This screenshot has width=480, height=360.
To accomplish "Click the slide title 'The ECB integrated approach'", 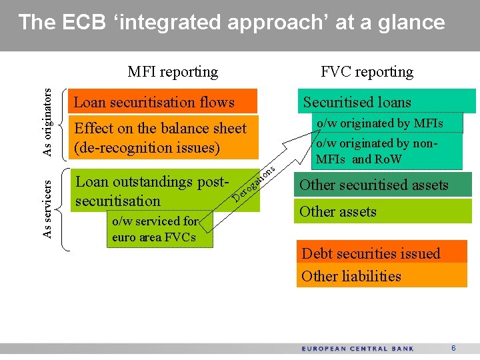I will click(231, 23).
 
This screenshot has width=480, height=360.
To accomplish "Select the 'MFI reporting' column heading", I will click(173, 71).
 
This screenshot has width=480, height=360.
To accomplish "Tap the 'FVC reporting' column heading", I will click(367, 71).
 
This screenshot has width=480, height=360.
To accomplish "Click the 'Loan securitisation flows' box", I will click(163, 102).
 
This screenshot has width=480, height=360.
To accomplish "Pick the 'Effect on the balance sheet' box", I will click(163, 137).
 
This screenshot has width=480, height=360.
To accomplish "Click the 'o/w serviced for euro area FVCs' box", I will click(160, 229).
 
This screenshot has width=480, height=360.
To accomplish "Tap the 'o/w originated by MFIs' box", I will click(386, 123).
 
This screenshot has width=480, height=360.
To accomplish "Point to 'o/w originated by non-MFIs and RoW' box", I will click(386, 151).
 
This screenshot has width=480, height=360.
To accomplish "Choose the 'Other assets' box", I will click(383, 211).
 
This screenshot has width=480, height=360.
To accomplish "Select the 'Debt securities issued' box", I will click(381, 253).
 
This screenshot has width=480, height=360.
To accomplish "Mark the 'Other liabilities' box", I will click(381, 275).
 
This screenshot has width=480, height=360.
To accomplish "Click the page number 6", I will click(453, 349).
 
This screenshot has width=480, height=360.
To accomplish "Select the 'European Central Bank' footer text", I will click(357, 349).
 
